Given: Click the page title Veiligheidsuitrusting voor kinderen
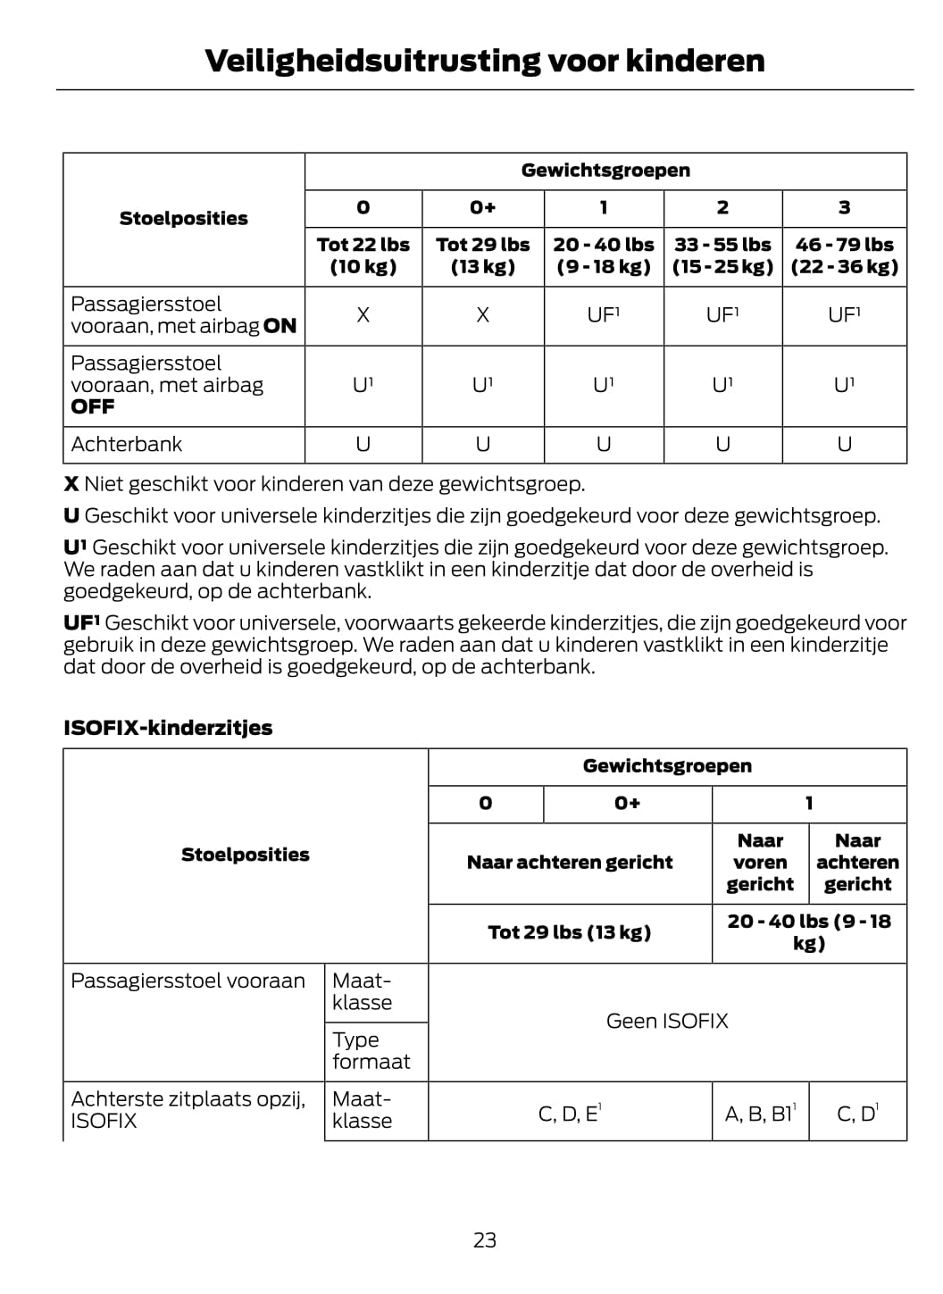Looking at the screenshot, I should coord(484,61).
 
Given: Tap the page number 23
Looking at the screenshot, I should coord(485,1240).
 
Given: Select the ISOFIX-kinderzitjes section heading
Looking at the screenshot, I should coord(168,728).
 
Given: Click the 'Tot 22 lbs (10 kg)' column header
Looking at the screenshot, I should coord(363,255).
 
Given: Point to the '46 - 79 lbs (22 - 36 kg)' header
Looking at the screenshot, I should coord(844,255).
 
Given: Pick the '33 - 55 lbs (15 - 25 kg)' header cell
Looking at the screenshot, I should coord(722,255).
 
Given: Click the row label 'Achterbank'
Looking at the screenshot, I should coord(127,445).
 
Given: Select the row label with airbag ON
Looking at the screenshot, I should coord(183,315).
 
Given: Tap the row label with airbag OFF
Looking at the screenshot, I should coord(167,385).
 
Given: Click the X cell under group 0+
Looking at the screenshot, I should coord(482,315).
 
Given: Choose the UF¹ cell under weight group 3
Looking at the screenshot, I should coord(844,315).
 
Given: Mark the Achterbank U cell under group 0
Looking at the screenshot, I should coord(363,445).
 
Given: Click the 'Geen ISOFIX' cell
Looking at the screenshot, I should coord(667,1022).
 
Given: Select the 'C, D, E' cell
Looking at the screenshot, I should coord(570,1114).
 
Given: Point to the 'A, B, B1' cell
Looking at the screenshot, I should coord(760,1114).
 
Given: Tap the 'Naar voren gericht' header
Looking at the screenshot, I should coord(760,863).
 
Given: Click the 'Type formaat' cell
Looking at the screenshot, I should coord(371,1051).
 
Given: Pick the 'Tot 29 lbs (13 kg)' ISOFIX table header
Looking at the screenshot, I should coord(570,933).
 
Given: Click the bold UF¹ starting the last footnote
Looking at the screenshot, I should coord(81,623).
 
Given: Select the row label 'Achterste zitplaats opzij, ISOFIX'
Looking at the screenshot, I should coord(188,1110).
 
